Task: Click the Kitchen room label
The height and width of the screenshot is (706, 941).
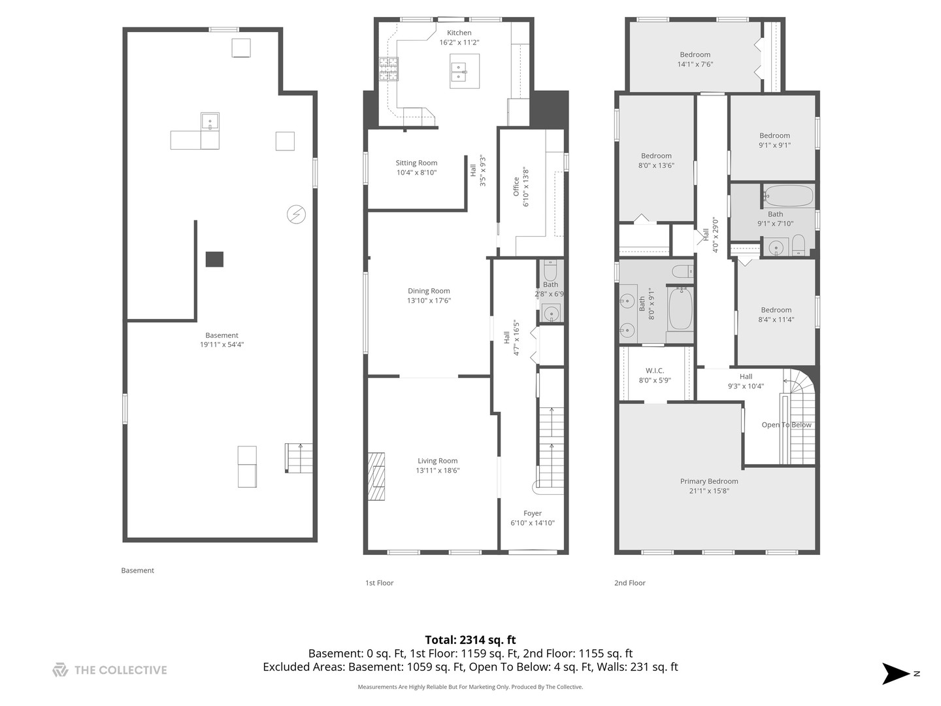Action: pyautogui.click(x=459, y=33)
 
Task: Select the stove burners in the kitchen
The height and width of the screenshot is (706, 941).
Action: pyautogui.click(x=388, y=69)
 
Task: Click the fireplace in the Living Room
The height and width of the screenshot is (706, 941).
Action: pyautogui.click(x=376, y=476)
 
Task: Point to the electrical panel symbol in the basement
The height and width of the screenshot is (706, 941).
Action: pyautogui.click(x=296, y=214)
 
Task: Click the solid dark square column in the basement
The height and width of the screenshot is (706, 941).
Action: pyautogui.click(x=214, y=260)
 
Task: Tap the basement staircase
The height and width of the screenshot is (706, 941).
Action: pyautogui.click(x=299, y=458)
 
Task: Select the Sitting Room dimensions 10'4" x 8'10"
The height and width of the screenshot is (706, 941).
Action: pyautogui.click(x=416, y=173)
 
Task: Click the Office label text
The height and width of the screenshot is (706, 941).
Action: pyautogui.click(x=516, y=186)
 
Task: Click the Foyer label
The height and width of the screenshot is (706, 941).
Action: pyautogui.click(x=532, y=513)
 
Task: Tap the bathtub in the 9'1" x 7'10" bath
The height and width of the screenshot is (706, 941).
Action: pyautogui.click(x=788, y=196)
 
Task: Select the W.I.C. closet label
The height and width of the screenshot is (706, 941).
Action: pyautogui.click(x=654, y=371)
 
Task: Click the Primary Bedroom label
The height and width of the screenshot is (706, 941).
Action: pyautogui.click(x=709, y=481)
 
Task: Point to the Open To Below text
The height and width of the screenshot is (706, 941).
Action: pyautogui.click(x=786, y=425)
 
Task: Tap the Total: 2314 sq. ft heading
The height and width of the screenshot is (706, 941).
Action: pyautogui.click(x=470, y=640)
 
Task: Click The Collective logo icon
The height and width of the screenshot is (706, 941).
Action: pyautogui.click(x=60, y=669)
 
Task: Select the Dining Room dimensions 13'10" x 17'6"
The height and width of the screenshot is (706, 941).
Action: pyautogui.click(x=429, y=301)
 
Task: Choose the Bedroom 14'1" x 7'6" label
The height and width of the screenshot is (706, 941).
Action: pyautogui.click(x=695, y=55)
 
